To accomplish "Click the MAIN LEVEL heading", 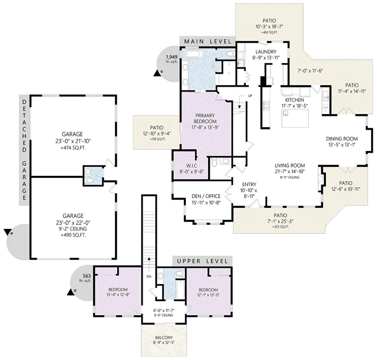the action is (x=208, y=41).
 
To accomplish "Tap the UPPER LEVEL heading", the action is (x=202, y=261).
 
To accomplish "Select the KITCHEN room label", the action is (x=294, y=100).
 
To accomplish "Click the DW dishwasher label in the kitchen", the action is (x=326, y=107).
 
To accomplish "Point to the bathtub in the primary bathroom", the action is (x=194, y=54).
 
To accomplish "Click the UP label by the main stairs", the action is (x=250, y=96).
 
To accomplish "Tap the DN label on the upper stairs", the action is (x=149, y=277).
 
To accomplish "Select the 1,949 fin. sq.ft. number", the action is (x=172, y=57).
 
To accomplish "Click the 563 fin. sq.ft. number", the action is (x=87, y=276).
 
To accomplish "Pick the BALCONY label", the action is (x=164, y=337).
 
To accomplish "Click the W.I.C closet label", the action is (x=192, y=166).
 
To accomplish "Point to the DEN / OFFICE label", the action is (x=206, y=196).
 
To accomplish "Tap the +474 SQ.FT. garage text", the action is (x=73, y=148).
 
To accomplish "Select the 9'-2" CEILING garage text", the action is (x=73, y=229).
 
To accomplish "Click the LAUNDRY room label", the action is (x=266, y=52).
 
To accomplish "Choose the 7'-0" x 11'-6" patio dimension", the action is (x=310, y=71).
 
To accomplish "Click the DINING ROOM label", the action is (x=342, y=139).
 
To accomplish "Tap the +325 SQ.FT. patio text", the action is (x=281, y=227).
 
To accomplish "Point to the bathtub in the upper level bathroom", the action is (x=180, y=290).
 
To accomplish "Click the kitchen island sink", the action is (x=285, y=113).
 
